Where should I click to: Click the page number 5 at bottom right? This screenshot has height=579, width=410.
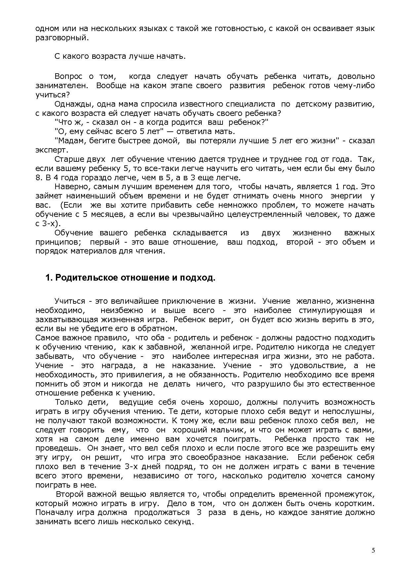(x=373, y=550)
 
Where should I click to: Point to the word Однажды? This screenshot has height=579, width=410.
(x=70, y=104)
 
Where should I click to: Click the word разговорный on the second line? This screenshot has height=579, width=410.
(x=62, y=38)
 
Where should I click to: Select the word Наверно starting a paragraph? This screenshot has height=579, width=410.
(x=70, y=187)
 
